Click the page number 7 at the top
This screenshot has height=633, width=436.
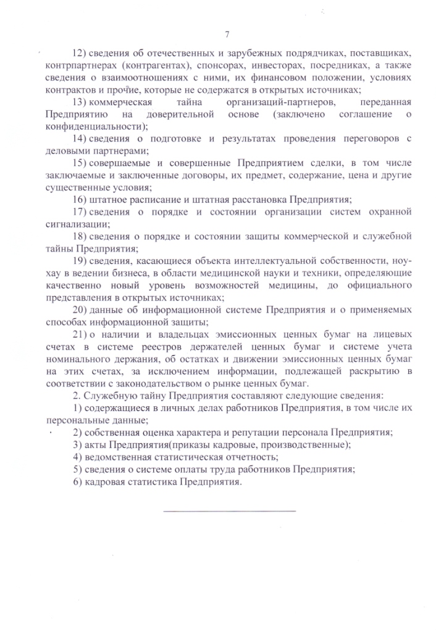[227, 33]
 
